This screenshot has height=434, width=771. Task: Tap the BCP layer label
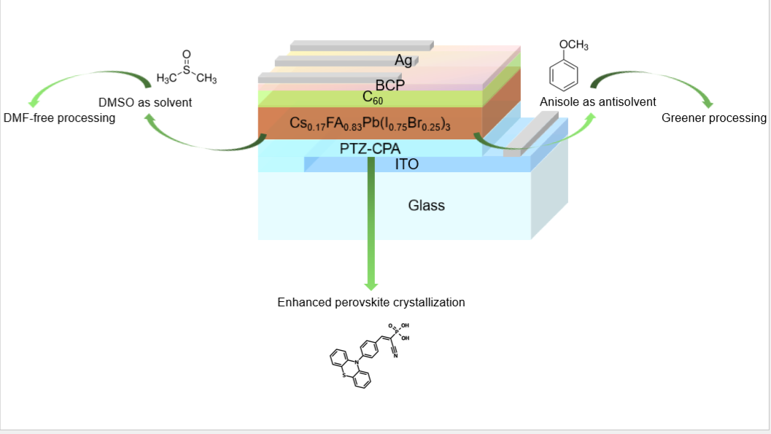(x=390, y=85)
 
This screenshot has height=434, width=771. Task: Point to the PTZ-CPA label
(x=370, y=149)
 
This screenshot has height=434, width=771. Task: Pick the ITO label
(x=406, y=165)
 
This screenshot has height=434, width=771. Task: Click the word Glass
(x=426, y=206)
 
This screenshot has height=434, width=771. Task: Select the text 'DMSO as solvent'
(x=145, y=103)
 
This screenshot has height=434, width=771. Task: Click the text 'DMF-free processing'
(x=60, y=118)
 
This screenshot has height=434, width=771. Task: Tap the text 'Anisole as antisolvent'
(x=597, y=102)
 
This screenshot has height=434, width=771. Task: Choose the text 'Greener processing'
(x=714, y=118)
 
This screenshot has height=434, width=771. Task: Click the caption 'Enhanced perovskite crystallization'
(x=371, y=302)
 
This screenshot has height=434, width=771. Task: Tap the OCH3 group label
(x=573, y=45)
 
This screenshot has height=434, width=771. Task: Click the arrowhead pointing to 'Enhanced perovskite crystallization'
(x=371, y=283)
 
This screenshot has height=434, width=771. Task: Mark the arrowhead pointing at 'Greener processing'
(x=705, y=101)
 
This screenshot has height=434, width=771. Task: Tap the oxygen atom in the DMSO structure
(x=186, y=54)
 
